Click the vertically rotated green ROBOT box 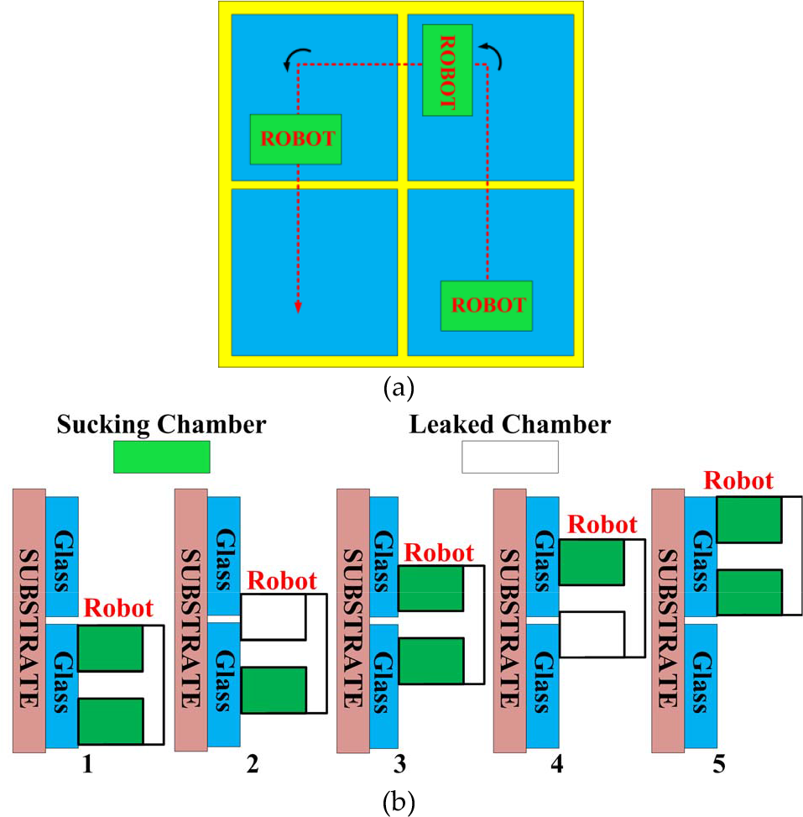[x=447, y=70]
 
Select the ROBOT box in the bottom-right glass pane [x=487, y=306]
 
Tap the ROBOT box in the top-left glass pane [x=296, y=139]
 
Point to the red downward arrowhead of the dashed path [x=298, y=306]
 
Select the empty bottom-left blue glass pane [x=315, y=272]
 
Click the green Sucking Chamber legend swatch [x=161, y=457]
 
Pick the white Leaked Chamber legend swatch [x=510, y=457]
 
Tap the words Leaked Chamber [x=510, y=425]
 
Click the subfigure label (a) [x=399, y=388]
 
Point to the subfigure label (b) [x=399, y=803]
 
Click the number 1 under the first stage [x=87, y=764]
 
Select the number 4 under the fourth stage [x=557, y=764]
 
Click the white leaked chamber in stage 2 [x=273, y=617]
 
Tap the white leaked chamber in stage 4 [x=592, y=634]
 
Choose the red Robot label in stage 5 [x=738, y=480]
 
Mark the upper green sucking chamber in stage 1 [x=111, y=648]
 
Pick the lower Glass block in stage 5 [x=701, y=686]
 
